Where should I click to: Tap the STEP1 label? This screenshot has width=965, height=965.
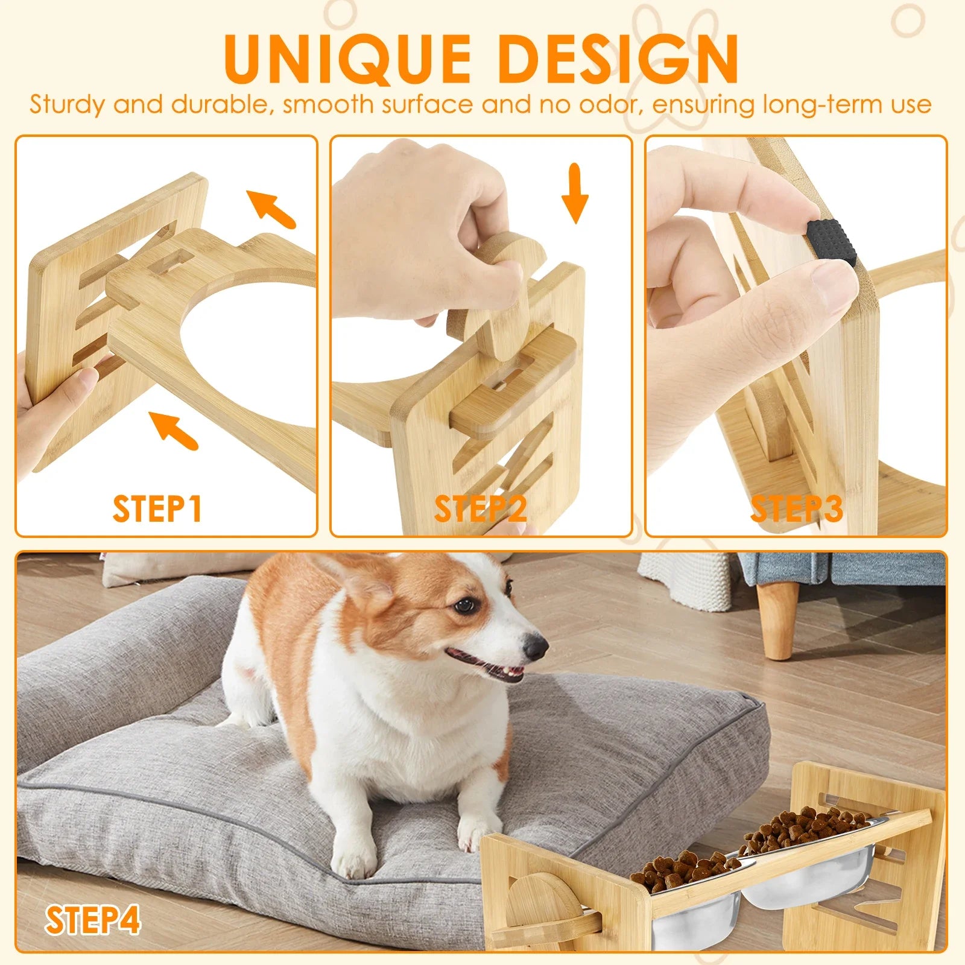(157, 508)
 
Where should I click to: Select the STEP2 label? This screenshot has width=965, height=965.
(480, 508)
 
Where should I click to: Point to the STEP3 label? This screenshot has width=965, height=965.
(796, 508)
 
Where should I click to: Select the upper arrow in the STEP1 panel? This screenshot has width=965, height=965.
(271, 208)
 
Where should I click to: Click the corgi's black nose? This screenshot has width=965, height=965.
(534, 648)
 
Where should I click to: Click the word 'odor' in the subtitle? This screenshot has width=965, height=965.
(607, 104)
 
